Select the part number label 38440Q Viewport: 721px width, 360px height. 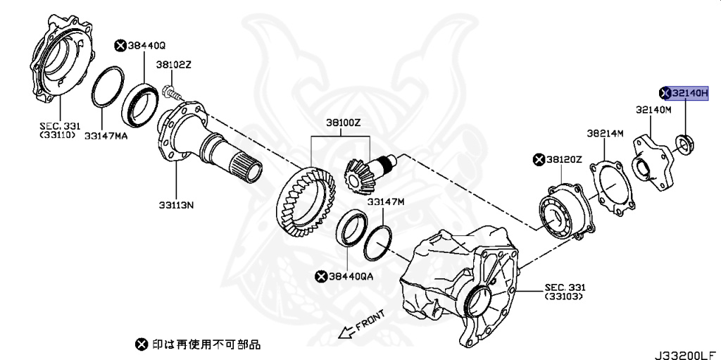[x=146, y=46]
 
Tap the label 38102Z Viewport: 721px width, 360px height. [x=173, y=65]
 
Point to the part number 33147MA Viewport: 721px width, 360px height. [x=106, y=135]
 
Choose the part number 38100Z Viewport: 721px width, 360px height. [x=343, y=122]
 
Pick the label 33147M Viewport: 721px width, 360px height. [x=386, y=202]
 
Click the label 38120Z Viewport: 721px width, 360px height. [x=563, y=161]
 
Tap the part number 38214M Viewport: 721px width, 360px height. [x=605, y=132]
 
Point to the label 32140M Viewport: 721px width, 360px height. [x=653, y=110]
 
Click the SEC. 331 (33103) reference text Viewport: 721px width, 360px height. [x=565, y=292]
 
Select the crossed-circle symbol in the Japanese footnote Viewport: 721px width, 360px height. [x=141, y=345]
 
